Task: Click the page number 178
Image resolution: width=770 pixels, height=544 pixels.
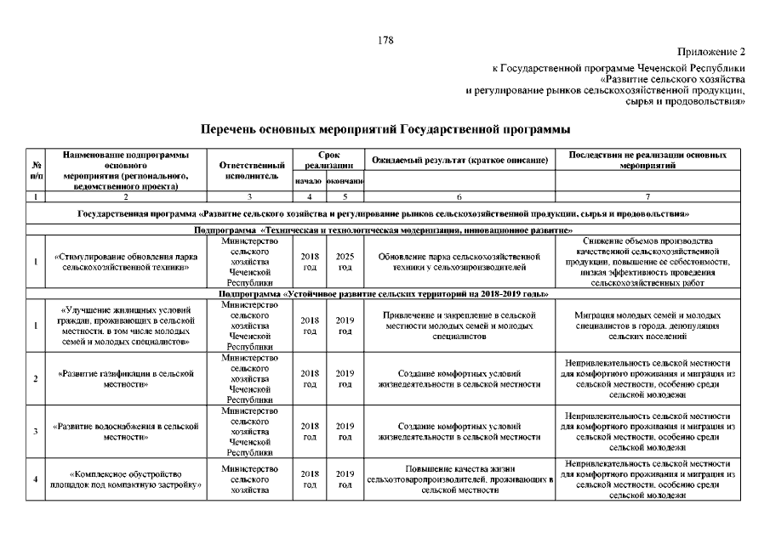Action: click(x=385, y=40)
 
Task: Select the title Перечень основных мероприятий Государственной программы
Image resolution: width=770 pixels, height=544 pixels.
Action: click(x=385, y=130)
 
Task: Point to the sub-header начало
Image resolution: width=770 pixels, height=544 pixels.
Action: click(x=308, y=181)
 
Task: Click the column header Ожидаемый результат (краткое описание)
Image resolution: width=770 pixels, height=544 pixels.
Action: click(x=459, y=161)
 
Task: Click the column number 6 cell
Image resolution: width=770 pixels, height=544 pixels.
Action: click(x=459, y=197)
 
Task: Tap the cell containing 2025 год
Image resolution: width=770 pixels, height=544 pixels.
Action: click(x=345, y=261)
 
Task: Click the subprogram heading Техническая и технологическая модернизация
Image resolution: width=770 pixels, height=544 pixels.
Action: click(x=383, y=230)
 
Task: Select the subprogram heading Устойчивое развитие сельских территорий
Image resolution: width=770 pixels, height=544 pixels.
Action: click(x=383, y=293)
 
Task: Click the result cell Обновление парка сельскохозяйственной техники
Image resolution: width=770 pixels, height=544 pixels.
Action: click(x=459, y=261)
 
